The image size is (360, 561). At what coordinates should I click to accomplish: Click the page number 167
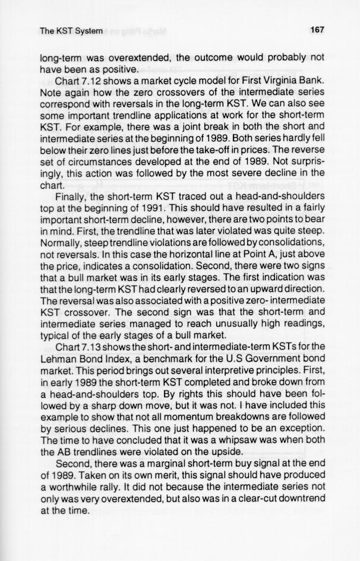(316, 30)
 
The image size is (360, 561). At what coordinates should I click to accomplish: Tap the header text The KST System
(71, 30)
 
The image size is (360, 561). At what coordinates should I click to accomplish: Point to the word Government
(261, 359)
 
